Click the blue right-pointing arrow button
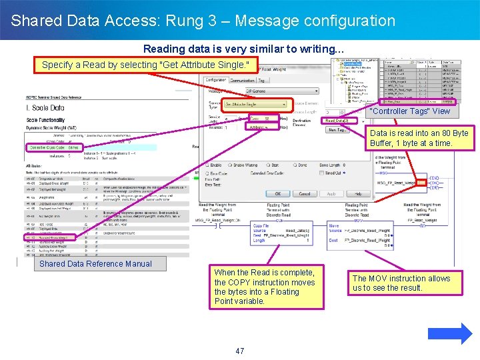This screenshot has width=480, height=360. point(457,333)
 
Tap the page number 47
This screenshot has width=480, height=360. point(240,351)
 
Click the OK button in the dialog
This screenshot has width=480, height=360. point(277,194)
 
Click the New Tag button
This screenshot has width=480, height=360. point(337,130)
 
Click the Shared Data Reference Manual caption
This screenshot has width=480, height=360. point(95,264)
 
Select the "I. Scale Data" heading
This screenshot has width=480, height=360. point(45,108)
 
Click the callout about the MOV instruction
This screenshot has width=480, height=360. point(401,283)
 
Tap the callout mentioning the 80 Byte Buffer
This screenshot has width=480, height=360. point(419,138)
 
